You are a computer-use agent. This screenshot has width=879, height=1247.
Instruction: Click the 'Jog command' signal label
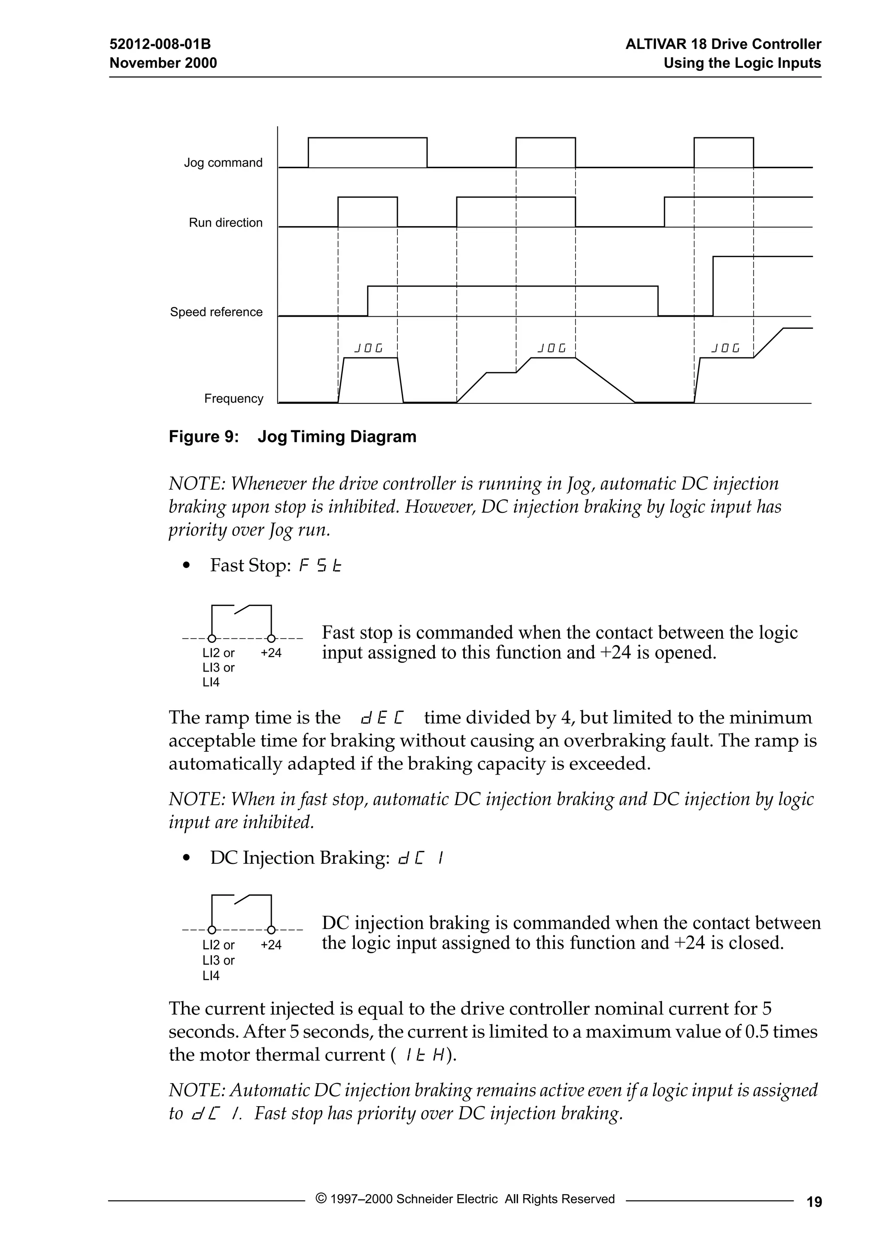(223, 163)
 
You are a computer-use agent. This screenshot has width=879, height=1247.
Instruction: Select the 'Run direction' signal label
(225, 223)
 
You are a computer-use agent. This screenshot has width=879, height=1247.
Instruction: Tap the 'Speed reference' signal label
(216, 312)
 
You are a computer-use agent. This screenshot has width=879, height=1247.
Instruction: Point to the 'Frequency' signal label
(233, 399)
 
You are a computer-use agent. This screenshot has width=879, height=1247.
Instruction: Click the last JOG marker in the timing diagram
(726, 348)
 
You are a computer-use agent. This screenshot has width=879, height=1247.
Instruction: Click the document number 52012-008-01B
(160, 44)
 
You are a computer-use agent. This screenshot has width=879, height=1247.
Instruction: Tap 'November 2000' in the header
(163, 63)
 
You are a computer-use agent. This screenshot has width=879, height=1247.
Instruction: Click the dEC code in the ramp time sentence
(382, 718)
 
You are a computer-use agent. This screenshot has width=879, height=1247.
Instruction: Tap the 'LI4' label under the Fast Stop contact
(211, 683)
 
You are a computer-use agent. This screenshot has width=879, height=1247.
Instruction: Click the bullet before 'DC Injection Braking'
(187, 859)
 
